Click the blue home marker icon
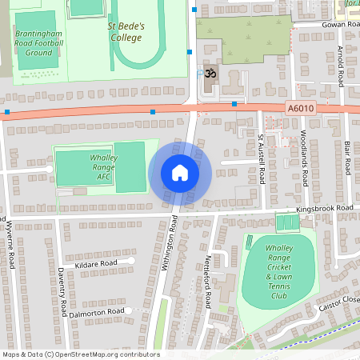(x=180, y=172)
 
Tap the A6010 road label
(x=297, y=108)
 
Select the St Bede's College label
(x=126, y=31)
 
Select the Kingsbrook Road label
(x=324, y=208)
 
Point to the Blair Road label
(x=347, y=158)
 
